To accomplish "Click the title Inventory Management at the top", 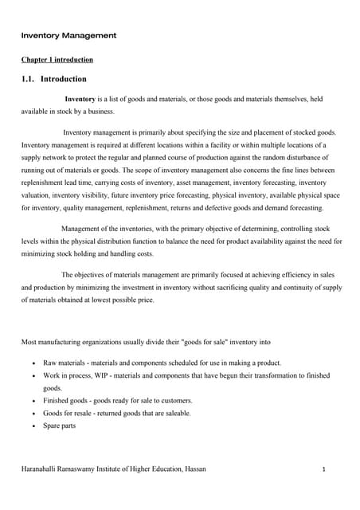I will tap(68, 36).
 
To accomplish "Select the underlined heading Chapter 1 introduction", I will tap(57, 60).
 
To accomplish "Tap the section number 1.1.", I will tap(29, 80).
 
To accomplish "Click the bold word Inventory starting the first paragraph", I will tap(85, 99).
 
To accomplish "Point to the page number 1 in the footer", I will tap(325, 469).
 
